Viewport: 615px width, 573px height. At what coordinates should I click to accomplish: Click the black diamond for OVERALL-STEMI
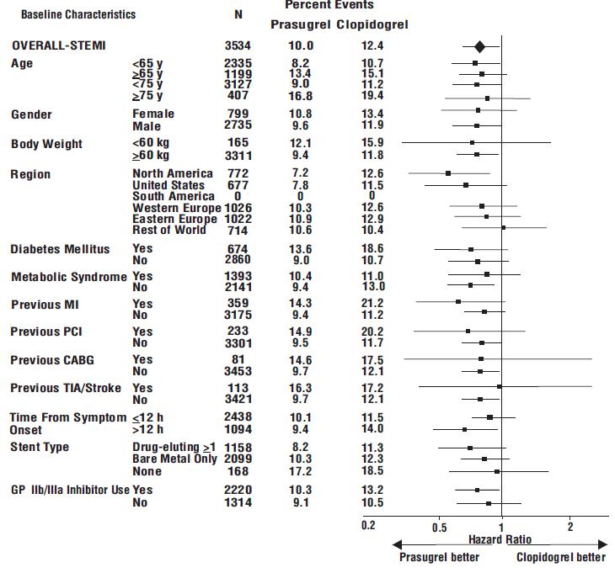coord(479,47)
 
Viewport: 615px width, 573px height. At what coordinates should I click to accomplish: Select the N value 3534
coord(238,45)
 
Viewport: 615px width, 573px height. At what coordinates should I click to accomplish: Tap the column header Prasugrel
coord(300,25)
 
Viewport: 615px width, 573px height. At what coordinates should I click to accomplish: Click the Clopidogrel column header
coord(372,25)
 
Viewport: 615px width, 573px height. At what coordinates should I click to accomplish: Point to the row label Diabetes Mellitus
coord(60,249)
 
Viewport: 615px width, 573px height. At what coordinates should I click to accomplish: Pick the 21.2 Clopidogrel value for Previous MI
coord(372,303)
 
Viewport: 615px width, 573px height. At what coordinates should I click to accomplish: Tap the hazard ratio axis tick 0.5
coord(440,528)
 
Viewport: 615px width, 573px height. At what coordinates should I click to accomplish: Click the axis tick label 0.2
coord(368,526)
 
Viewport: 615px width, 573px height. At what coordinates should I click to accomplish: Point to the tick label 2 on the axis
coord(570,527)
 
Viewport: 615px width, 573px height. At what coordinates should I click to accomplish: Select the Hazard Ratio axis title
coord(500,539)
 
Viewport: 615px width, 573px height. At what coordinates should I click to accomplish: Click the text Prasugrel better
coord(439,557)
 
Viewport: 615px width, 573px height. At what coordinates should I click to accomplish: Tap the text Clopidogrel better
coord(560,557)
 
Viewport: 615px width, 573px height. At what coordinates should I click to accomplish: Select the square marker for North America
coord(448,173)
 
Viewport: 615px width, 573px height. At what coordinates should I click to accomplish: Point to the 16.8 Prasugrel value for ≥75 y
coord(300,97)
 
